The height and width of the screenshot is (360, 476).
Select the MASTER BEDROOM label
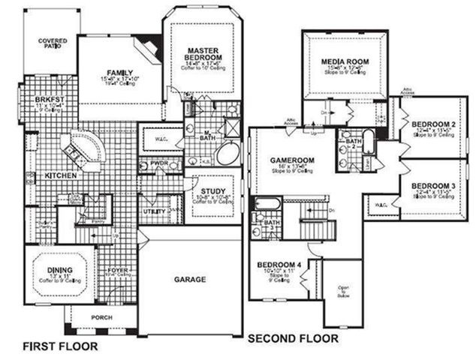203,54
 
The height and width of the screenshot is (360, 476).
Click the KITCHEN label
62,175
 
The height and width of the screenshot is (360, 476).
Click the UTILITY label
155,212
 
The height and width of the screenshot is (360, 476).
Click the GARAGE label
191,279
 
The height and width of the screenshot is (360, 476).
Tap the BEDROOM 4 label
279,265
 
